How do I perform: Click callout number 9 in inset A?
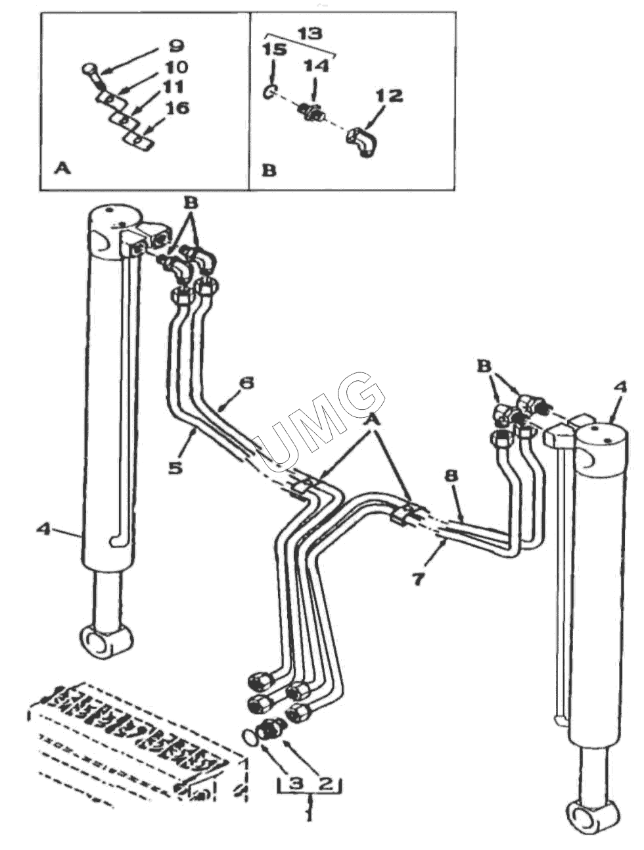176,47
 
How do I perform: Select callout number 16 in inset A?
176,108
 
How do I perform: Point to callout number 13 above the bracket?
310,34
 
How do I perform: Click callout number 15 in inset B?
274,50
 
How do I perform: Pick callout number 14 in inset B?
316,66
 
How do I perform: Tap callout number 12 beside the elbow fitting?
390,95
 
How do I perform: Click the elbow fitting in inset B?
363,141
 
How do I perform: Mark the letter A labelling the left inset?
62,169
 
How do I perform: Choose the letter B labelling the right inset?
269,170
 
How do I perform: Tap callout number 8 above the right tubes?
451,476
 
